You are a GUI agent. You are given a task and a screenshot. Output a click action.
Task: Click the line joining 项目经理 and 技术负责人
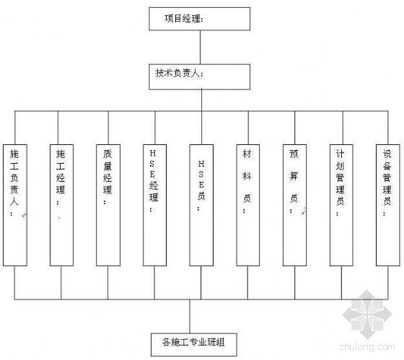pyautogui.click(x=201, y=48)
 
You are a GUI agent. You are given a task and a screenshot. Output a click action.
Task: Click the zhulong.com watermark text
pyautogui.click(x=367, y=347)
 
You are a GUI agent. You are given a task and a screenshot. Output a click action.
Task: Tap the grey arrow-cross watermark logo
pyautogui.click(x=367, y=315)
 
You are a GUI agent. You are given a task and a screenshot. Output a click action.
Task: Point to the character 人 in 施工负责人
pyautogui.click(x=14, y=201)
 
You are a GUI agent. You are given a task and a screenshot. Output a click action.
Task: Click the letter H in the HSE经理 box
pyautogui.click(x=152, y=154)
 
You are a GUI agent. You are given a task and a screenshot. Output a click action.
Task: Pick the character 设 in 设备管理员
pyautogui.click(x=387, y=154)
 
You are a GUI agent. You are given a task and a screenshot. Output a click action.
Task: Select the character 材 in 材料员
pyautogui.click(x=247, y=154)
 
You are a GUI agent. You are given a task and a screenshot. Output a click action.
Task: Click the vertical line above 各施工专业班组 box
pyautogui.click(x=190, y=317)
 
